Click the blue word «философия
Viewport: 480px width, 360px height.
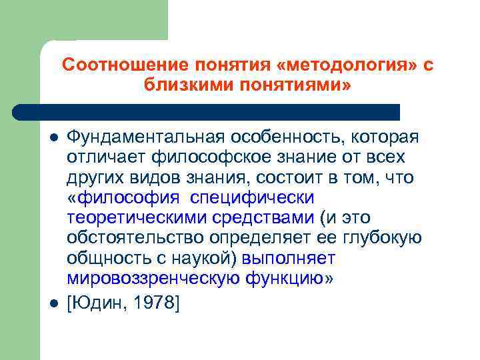coord(124,198)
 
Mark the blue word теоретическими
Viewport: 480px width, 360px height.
coord(138,218)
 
